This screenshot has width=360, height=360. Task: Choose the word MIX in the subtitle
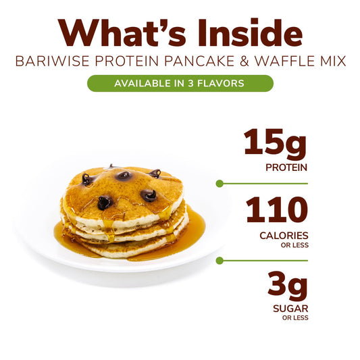[x=330, y=61]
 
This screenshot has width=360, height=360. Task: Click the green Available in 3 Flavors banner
[x=180, y=83]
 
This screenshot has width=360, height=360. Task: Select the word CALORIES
[x=284, y=236]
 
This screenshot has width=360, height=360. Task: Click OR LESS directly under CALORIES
[x=294, y=245]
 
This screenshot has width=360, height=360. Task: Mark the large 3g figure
[x=286, y=286]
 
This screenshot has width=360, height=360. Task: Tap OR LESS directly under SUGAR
[x=294, y=318]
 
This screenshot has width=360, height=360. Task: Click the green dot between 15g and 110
[x=219, y=183]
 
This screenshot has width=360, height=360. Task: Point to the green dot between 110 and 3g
[x=219, y=260]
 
